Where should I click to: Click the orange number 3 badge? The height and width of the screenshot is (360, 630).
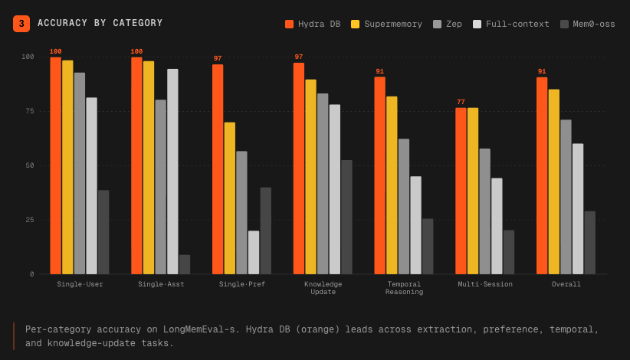21,24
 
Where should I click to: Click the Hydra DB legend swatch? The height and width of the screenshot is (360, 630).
289,24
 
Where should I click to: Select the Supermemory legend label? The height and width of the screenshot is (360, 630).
393,24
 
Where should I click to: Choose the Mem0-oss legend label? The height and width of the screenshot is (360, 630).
593,24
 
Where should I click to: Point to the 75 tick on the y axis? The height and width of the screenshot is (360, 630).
30,111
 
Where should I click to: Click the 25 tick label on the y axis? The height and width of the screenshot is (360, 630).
30,220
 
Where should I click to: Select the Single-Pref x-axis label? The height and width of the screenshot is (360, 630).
242,284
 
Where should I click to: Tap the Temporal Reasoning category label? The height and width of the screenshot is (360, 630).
404,288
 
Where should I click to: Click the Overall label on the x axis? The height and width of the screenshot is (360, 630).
566,284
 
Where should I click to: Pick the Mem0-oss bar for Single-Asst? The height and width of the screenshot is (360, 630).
185,264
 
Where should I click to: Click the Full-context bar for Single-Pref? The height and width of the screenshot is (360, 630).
254,253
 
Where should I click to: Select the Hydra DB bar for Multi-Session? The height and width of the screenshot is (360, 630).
461,191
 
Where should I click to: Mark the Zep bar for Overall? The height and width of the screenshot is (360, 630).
566,197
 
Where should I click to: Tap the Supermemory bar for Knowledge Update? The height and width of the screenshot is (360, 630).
310,177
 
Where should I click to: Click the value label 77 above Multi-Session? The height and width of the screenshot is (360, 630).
461,102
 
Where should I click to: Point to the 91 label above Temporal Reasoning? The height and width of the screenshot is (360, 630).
379,71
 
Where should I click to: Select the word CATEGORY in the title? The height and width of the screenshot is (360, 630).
137,23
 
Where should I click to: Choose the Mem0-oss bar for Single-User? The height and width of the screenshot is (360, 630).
103,232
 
